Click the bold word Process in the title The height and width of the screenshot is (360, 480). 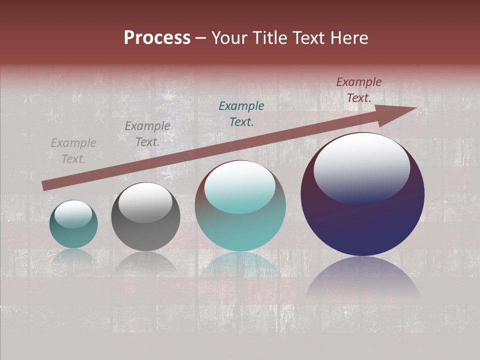(x=157, y=38)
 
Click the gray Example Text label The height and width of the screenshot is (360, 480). (x=147, y=134)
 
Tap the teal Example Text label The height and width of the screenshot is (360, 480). (x=241, y=113)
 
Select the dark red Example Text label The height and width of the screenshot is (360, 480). (x=358, y=90)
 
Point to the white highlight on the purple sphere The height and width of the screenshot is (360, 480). (x=361, y=168)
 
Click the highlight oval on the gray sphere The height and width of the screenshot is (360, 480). (x=145, y=203)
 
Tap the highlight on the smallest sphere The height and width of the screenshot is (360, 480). (x=73, y=214)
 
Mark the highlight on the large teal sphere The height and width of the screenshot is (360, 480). (x=240, y=187)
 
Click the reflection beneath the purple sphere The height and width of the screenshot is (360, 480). (x=362, y=277)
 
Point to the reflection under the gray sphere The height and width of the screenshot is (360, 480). (x=145, y=262)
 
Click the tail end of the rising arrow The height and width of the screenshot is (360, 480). (x=45, y=186)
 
